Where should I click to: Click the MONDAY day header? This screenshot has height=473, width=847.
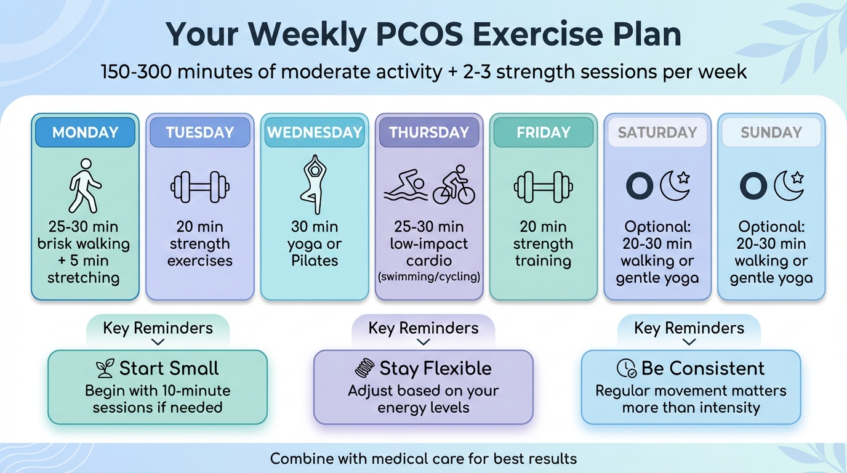[x=85, y=132]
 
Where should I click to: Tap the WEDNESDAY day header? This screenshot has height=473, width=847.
[x=315, y=132]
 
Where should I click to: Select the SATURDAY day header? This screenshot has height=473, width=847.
[x=657, y=132]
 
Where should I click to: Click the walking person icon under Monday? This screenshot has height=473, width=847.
[x=84, y=185]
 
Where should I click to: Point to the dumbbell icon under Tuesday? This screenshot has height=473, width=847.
[x=200, y=187]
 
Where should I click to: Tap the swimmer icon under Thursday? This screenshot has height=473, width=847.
[x=405, y=186]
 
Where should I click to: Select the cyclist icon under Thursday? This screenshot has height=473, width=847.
[x=454, y=185]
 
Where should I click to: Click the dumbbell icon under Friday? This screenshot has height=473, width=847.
[x=544, y=187]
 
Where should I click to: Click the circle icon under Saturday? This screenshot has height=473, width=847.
[x=639, y=186]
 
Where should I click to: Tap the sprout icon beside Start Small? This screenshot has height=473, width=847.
[x=105, y=368]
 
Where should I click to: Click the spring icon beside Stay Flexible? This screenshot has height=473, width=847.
[x=364, y=368]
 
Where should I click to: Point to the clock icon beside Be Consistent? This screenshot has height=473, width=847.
[x=626, y=368]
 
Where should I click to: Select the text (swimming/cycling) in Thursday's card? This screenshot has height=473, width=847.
[x=428, y=277]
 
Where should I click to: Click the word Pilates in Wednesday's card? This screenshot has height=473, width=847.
[x=315, y=261]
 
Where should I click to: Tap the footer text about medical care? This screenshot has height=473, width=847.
[x=423, y=459]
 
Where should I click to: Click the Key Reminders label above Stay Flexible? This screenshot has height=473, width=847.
[x=423, y=328]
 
